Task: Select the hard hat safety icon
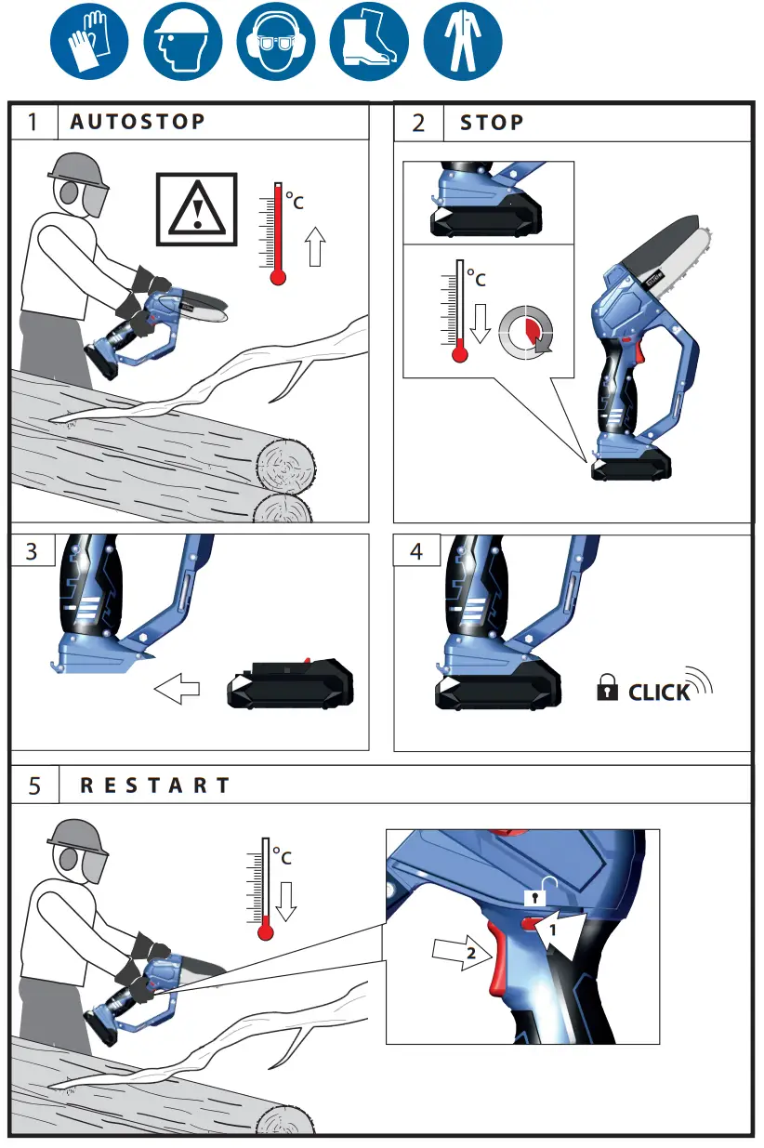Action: coord(182,42)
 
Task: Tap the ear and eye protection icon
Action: coord(275,42)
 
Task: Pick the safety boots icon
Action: coord(369,42)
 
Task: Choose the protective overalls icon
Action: coord(462,42)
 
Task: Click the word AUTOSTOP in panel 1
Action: coord(138,123)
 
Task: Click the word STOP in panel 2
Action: coord(492,123)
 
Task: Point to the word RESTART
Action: coord(154,785)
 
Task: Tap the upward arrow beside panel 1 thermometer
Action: coord(316,248)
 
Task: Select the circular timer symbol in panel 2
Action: coord(525,333)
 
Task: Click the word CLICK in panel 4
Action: coord(659,693)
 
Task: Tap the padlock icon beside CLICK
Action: coord(606,690)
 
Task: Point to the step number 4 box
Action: coord(416,550)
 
